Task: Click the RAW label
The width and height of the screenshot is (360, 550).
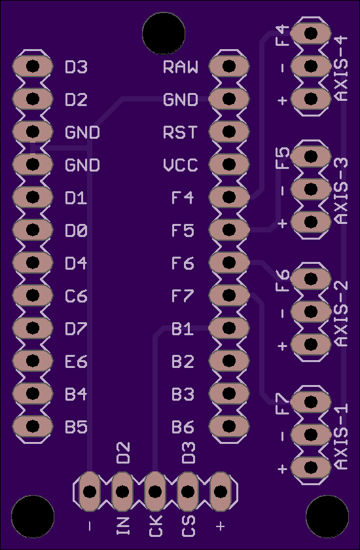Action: (181, 67)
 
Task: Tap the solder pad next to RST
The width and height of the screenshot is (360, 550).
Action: (229, 132)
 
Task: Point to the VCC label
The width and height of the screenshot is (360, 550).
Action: (181, 165)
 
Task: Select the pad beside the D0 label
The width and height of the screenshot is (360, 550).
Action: (33, 230)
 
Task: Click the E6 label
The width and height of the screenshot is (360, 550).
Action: (76, 361)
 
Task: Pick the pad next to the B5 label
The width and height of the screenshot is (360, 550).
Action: (33, 426)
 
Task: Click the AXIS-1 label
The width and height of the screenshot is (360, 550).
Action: (341, 437)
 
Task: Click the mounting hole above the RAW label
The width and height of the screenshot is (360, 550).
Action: (164, 33)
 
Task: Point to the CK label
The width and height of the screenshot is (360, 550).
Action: (156, 526)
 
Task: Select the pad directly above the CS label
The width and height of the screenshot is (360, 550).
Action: (188, 492)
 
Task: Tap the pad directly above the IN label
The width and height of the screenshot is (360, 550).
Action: (122, 492)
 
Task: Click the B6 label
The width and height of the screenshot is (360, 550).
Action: (183, 427)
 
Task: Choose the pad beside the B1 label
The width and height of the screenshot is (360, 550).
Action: (229, 328)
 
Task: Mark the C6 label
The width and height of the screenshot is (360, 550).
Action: (76, 297)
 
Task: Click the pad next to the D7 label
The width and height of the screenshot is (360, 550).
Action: (33, 328)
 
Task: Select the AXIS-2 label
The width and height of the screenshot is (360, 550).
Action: (341, 314)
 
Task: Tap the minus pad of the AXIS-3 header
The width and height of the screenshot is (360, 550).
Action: (311, 189)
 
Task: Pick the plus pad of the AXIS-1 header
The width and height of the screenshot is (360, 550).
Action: (311, 467)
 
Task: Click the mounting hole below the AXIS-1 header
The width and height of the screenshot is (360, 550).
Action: (327, 517)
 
